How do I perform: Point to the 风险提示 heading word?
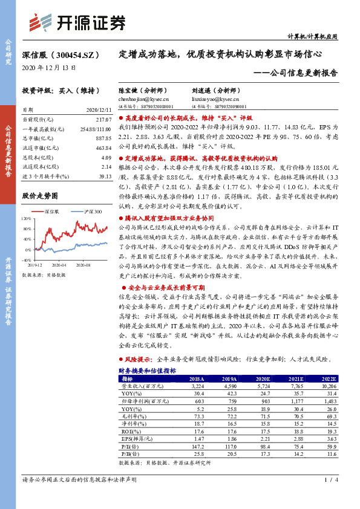[136, 359]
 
